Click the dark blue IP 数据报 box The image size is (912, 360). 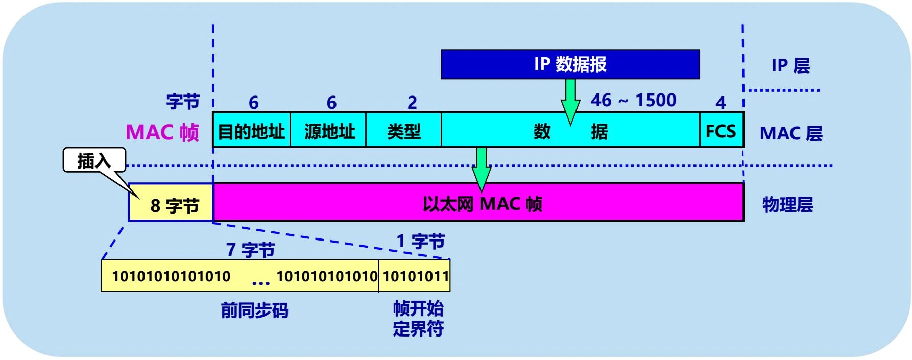(570, 64)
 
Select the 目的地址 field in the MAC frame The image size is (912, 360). (251, 131)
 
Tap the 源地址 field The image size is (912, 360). (328, 131)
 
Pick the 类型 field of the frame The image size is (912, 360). (403, 131)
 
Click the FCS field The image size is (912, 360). (721, 131)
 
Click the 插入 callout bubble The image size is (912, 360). (94, 160)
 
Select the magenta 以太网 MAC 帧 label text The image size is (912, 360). (482, 204)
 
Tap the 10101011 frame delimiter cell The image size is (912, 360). (415, 276)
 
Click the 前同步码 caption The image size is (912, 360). (254, 310)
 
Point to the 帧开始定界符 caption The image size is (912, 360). (418, 319)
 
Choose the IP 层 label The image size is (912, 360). (790, 65)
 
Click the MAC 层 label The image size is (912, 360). (790, 133)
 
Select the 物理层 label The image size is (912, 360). (787, 204)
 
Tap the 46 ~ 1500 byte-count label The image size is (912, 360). (633, 100)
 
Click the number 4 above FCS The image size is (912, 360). (721, 103)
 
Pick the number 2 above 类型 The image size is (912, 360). (412, 103)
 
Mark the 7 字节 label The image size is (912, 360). (251, 250)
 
